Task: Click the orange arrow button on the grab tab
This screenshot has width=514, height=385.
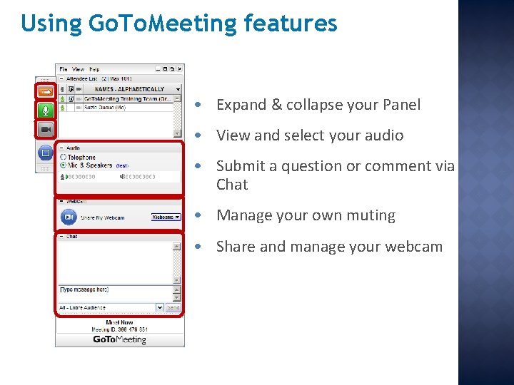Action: [46, 91]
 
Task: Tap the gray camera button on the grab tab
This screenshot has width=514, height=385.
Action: [46, 129]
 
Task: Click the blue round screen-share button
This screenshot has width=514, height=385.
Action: [46, 152]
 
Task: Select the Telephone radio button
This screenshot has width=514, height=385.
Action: [63, 157]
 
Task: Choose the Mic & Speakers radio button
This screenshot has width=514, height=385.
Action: [63, 165]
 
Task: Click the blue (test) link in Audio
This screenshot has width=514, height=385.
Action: [121, 165]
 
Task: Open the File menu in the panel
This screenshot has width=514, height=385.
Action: [64, 69]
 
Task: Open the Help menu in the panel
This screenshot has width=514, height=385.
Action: [94, 69]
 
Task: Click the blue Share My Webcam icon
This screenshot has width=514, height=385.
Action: [69, 217]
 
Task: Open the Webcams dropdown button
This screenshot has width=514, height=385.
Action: [166, 217]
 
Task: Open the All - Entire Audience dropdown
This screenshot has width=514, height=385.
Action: [111, 307]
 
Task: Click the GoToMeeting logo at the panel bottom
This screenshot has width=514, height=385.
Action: [119, 340]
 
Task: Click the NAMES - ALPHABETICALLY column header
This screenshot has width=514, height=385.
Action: [129, 89]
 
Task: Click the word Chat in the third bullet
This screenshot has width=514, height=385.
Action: [232, 185]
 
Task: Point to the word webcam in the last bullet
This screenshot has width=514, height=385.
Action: [415, 247]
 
